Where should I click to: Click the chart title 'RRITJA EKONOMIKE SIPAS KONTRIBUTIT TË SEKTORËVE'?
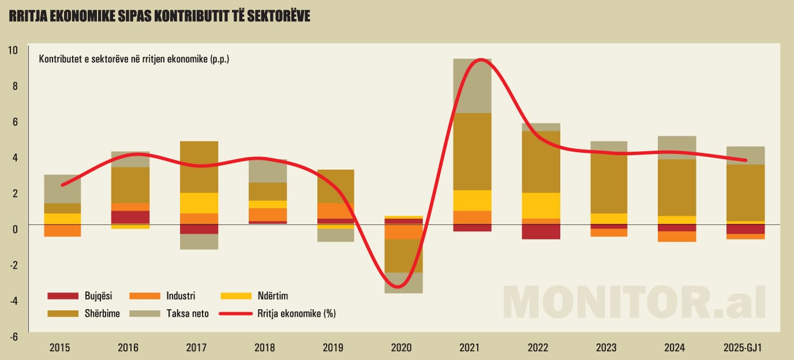tap(159, 16)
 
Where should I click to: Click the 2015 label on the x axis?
tap(60, 347)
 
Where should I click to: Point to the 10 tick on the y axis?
tap(13, 50)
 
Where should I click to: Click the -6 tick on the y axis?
tap(13, 336)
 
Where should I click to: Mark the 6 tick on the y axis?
tap(14, 121)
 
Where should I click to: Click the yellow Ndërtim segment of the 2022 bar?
tap(541, 205)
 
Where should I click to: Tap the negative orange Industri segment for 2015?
tap(62, 231)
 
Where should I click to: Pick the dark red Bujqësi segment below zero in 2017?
tap(199, 229)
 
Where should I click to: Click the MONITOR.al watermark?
tap(634, 301)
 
